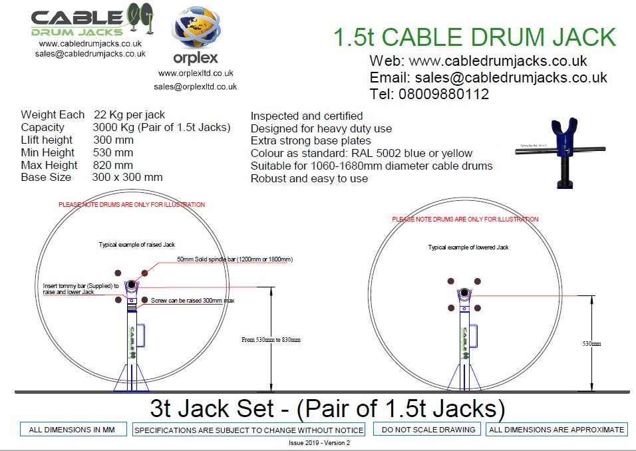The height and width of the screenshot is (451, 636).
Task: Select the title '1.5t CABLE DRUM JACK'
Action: tap(474, 37)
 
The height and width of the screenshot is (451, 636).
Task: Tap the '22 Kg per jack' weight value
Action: tap(129, 115)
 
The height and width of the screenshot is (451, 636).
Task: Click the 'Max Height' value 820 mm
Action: tap(112, 165)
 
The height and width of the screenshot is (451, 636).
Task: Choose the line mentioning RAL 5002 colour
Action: tap(361, 154)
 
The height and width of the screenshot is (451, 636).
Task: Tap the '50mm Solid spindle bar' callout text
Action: tap(235, 259)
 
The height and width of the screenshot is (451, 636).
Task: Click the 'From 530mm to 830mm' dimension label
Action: tap(271, 340)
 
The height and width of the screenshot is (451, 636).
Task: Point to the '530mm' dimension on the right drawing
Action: tap(591, 344)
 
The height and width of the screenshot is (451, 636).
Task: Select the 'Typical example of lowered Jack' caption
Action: tap(468, 247)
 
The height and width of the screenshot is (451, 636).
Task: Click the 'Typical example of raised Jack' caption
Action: tap(137, 245)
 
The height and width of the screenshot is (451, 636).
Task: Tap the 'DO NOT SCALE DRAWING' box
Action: tap(428, 430)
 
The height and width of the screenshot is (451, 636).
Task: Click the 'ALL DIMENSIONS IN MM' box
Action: tap(72, 430)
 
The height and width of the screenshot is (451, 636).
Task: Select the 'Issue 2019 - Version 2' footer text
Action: tap(319, 443)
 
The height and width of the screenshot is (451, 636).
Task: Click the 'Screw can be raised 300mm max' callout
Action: tap(192, 301)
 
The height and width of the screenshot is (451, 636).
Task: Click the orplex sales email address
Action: tap(195, 86)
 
